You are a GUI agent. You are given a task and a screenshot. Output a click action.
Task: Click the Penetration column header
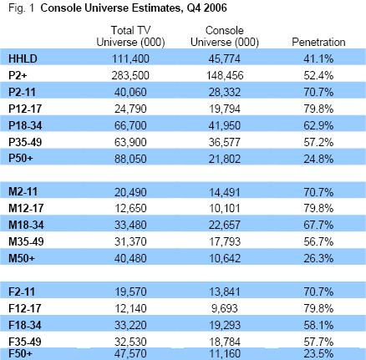[x=318, y=42]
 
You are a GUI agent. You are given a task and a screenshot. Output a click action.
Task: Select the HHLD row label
[x=23, y=58]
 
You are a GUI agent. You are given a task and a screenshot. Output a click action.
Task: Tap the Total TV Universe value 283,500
[x=130, y=75]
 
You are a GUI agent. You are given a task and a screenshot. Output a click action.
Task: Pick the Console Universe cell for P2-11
[x=225, y=92]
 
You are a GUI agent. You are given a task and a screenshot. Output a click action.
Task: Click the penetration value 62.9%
[x=318, y=125]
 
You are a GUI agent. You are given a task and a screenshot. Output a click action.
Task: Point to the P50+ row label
[x=21, y=158]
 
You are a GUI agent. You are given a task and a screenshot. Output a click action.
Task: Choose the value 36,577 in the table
[x=225, y=142]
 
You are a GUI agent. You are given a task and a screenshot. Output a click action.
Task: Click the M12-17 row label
[x=26, y=208]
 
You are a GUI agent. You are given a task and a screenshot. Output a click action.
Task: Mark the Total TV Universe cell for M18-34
[x=130, y=225]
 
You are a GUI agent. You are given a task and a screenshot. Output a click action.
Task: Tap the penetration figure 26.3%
[x=318, y=258]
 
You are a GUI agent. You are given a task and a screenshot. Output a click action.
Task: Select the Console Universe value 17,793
[x=225, y=241]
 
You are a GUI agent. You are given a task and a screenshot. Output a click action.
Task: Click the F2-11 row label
[x=22, y=292]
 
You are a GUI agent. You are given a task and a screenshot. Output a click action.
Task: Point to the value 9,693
[x=225, y=308]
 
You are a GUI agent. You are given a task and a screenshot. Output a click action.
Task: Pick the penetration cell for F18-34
[x=318, y=325]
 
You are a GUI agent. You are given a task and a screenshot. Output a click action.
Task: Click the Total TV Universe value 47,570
[x=130, y=353]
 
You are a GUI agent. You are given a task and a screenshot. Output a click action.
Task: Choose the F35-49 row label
[x=25, y=342]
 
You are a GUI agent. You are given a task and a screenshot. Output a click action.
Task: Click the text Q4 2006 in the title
[x=206, y=8]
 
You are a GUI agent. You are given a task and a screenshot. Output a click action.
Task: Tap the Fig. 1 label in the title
[x=21, y=8]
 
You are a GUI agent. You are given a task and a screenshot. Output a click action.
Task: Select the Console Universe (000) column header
[x=225, y=36]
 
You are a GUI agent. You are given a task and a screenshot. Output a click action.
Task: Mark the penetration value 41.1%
[x=318, y=58]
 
